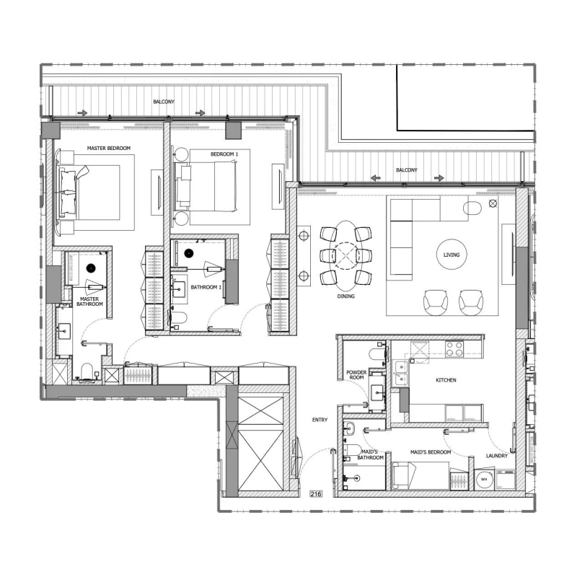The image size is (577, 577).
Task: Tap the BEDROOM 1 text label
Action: pyautogui.click(x=224, y=154)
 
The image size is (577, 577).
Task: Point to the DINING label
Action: pyautogui.click(x=345, y=296)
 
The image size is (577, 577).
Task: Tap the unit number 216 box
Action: pyautogui.click(x=315, y=494)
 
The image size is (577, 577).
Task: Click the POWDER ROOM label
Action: pyautogui.click(x=357, y=375)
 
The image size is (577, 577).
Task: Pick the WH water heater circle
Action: pyautogui.click(x=484, y=479)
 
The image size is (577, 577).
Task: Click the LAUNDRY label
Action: pyautogui.click(x=497, y=456)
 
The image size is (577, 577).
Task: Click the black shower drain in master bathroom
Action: pyautogui.click(x=91, y=268)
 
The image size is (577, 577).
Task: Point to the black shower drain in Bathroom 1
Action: pyautogui.click(x=189, y=253)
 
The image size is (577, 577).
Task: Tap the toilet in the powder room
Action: pyautogui.click(x=374, y=353)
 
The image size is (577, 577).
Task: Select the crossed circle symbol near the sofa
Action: pyautogui.click(x=493, y=204)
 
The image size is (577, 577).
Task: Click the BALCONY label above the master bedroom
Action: pyautogui.click(x=164, y=102)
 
